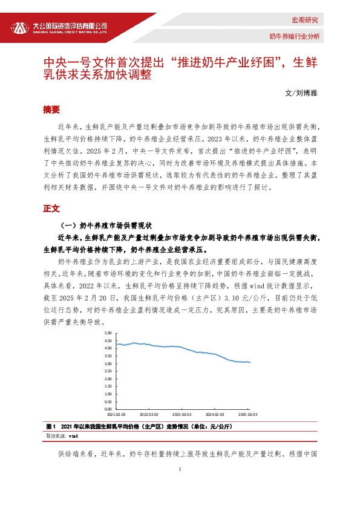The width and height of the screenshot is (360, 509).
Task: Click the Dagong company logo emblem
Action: [x=21, y=28]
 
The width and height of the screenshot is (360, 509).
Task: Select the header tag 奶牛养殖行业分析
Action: [x=295, y=36]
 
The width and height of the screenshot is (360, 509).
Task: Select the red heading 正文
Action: [x=51, y=208]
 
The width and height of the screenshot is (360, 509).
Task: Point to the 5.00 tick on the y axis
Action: [x=108, y=332]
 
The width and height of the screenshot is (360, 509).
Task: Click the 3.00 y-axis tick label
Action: [x=108, y=363]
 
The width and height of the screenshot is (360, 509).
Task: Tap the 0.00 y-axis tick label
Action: [x=108, y=409]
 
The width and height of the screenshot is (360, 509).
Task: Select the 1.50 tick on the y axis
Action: [x=108, y=386]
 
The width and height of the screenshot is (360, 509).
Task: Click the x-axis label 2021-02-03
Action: [x=116, y=415]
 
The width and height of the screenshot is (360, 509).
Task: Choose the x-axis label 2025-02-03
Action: [x=248, y=415]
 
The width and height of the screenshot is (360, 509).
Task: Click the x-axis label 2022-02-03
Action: [x=149, y=415]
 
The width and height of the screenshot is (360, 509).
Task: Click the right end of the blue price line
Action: [x=250, y=363]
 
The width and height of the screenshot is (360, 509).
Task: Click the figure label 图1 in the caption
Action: [x=51, y=426]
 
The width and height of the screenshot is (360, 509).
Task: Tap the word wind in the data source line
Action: [x=73, y=435]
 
